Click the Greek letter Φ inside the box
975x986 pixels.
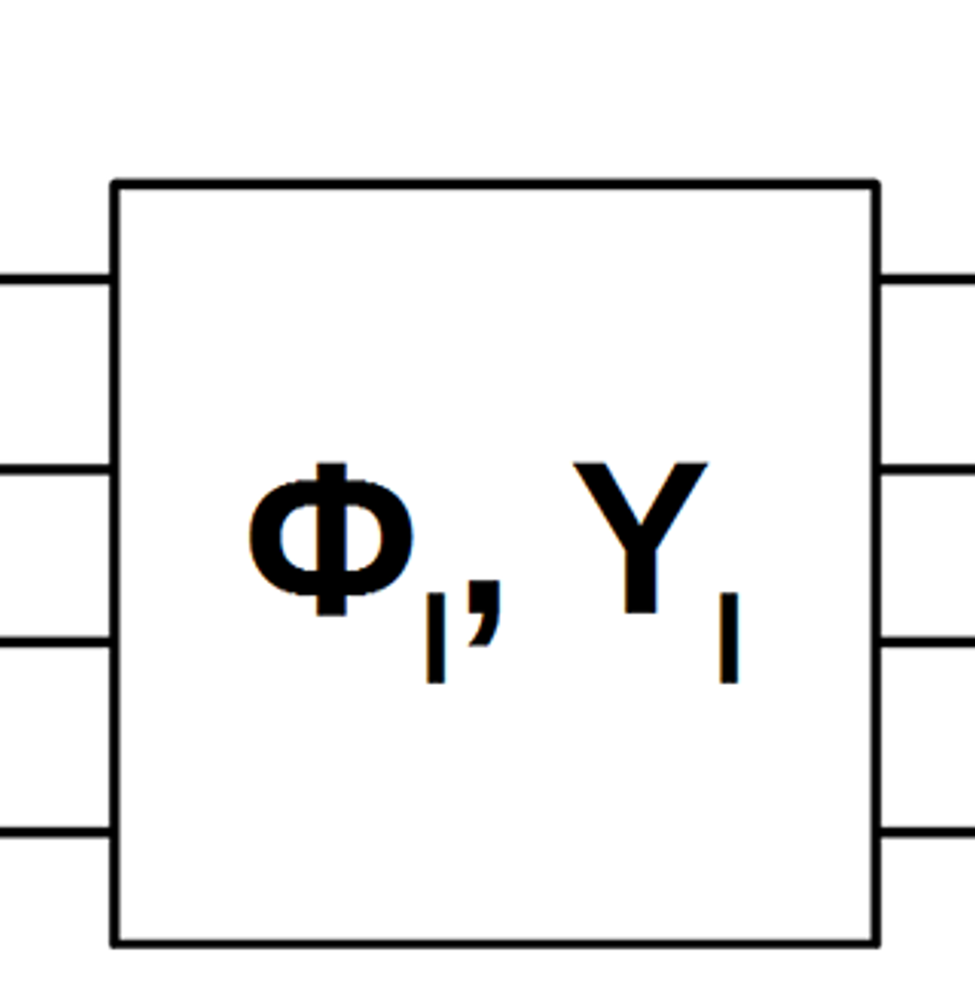[x=331, y=539]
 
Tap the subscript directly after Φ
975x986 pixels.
[x=434, y=638]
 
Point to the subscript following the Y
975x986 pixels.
[x=729, y=638]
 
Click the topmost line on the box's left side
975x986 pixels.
[x=55, y=280]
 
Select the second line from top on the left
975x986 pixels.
[x=55, y=469]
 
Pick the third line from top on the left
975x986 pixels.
[x=55, y=642]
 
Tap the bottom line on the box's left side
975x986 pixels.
[x=55, y=832]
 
